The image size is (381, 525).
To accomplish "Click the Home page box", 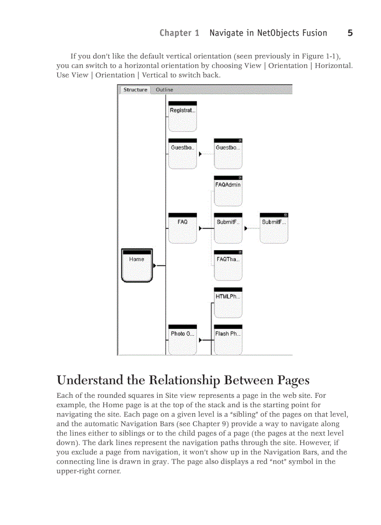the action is [137, 266].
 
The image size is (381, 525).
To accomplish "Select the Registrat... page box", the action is [182, 116].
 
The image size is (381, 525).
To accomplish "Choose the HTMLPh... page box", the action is [228, 302].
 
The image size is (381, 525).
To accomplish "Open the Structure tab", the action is [135, 90].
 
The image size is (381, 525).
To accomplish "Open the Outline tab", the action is [164, 90].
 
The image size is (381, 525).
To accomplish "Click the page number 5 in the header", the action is [350, 33].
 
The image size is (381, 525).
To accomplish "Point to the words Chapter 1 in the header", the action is [179, 33].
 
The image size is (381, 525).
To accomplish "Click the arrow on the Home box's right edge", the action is [155, 266].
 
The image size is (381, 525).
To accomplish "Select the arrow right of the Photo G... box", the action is [200, 340].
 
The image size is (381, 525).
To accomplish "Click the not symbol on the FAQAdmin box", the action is [240, 178].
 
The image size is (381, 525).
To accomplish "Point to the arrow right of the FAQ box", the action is [200, 229].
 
